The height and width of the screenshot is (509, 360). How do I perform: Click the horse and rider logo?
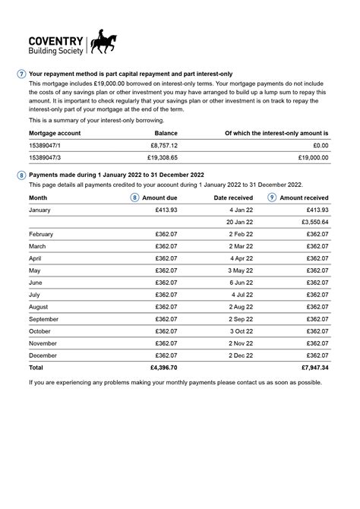coord(104,43)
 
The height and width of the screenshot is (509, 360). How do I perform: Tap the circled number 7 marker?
coord(21,74)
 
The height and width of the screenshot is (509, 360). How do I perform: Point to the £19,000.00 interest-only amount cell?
coord(312,157)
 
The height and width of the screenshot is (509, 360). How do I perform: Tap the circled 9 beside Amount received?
coord(272,198)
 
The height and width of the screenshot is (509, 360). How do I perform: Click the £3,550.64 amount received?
coord(312,222)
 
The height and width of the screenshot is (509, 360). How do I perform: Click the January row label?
coord(39,210)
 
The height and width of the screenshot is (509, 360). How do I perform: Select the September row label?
coord(45,319)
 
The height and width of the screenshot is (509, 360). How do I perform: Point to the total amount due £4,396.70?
coord(163,368)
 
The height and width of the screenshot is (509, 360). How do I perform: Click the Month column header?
coord(38,198)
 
